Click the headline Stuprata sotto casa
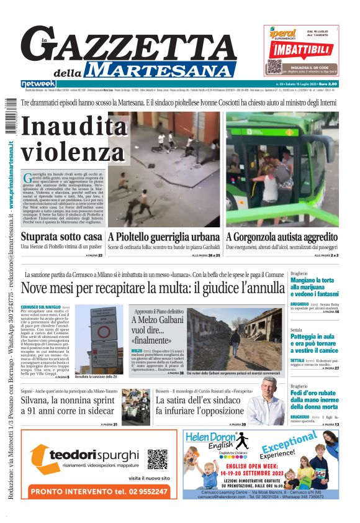pyautogui.click(x=61, y=237)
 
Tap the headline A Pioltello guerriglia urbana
pyautogui.click(x=163, y=237)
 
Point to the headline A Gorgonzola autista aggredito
pyautogui.click(x=281, y=237)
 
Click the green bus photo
pyautogui.click(x=282, y=168)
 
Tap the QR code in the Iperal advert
pyautogui.click(x=275, y=66)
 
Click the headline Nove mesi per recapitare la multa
pyautogui.click(x=151, y=288)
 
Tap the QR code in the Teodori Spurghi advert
pyautogui.click(x=158, y=459)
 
